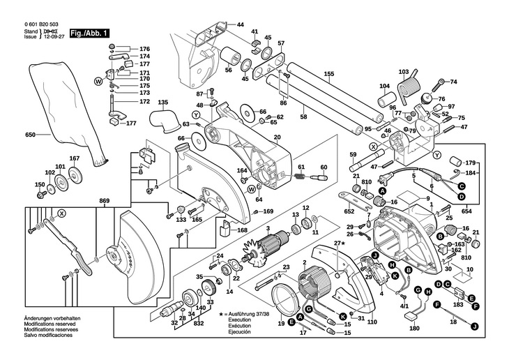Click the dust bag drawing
[66, 112]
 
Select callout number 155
[329, 73]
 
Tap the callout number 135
[162, 103]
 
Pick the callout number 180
[415, 328]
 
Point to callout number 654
[466, 210]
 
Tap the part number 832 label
[199, 324]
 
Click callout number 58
[303, 117]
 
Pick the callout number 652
[349, 209]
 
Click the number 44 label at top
[240, 25]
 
